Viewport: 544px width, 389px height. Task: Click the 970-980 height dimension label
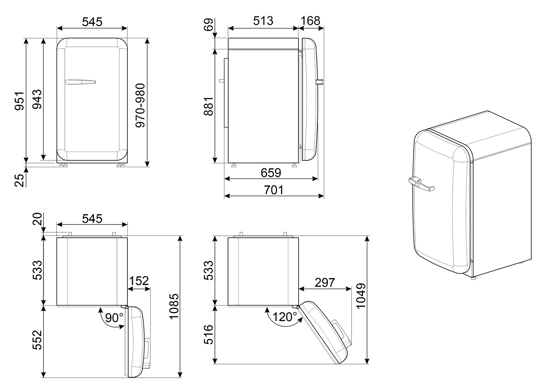pos(140,105)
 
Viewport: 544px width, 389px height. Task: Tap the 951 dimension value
pos(19,101)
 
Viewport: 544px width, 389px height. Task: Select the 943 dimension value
pos(37,99)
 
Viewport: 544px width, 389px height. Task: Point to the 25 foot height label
pos(19,180)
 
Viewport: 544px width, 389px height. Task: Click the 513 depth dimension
pos(263,21)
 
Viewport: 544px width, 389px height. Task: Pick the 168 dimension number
pos(310,21)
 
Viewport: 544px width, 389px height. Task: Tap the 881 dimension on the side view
pos(208,106)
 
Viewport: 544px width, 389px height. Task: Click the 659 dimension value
pos(271,173)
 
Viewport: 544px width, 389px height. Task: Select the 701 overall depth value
pos(274,190)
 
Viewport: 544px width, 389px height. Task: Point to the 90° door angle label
pos(114,317)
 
